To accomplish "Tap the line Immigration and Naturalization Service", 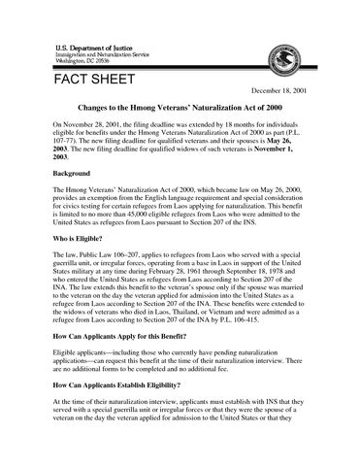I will pos(99,54).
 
